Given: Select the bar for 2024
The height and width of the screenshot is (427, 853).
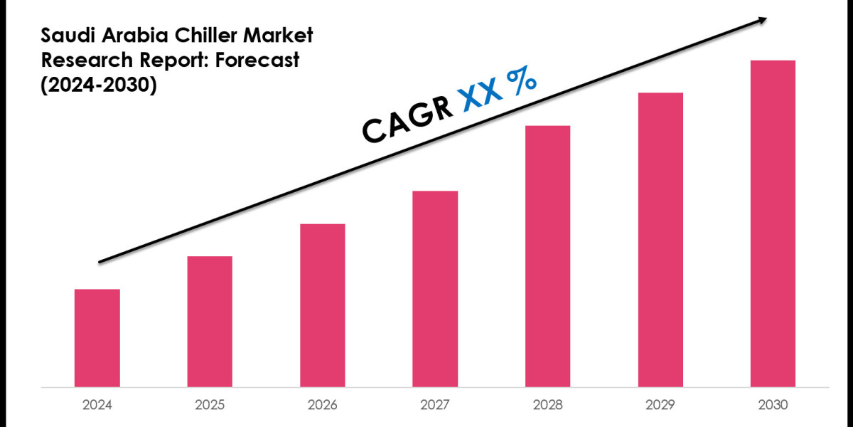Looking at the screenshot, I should [x=97, y=338].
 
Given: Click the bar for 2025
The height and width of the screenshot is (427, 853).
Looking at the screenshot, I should [x=210, y=322].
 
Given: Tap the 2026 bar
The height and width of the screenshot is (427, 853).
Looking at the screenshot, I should [x=323, y=305].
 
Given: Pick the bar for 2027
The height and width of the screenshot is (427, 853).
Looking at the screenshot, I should [x=435, y=289].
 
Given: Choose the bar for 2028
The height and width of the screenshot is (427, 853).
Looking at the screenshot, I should [x=547, y=256].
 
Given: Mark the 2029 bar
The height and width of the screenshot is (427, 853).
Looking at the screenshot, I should [x=660, y=240].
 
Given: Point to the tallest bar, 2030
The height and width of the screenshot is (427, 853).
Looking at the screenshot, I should [x=773, y=223].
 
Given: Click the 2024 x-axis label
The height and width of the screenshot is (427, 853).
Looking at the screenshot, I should [x=97, y=405].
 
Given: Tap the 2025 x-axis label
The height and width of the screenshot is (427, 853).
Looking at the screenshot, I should [x=210, y=405].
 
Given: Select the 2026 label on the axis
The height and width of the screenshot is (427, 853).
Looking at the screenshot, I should [x=323, y=405].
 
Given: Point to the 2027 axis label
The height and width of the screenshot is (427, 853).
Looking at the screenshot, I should [x=435, y=405].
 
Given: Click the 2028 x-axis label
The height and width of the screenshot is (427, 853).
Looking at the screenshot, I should [x=547, y=405].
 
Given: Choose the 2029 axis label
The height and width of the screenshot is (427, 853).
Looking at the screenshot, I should [x=660, y=405].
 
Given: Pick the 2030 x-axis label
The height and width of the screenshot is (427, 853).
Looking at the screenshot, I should [x=773, y=405].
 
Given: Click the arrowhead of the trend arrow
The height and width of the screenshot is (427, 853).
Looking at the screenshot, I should [x=762, y=20].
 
